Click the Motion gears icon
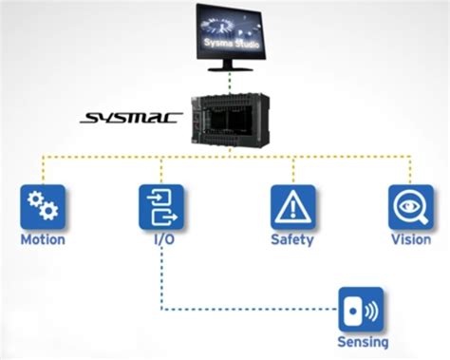pyautogui.click(x=42, y=207)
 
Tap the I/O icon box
pyautogui.click(x=161, y=207)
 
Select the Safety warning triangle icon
pyautogui.click(x=292, y=207)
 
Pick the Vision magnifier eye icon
pyautogui.click(x=410, y=207)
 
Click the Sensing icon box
pyautogui.click(x=361, y=310)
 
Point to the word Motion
pyautogui.click(x=43, y=239)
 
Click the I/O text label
pyautogui.click(x=162, y=239)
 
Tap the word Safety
pyautogui.click(x=292, y=239)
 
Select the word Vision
pyautogui.click(x=410, y=239)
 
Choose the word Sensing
pyautogui.click(x=362, y=342)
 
